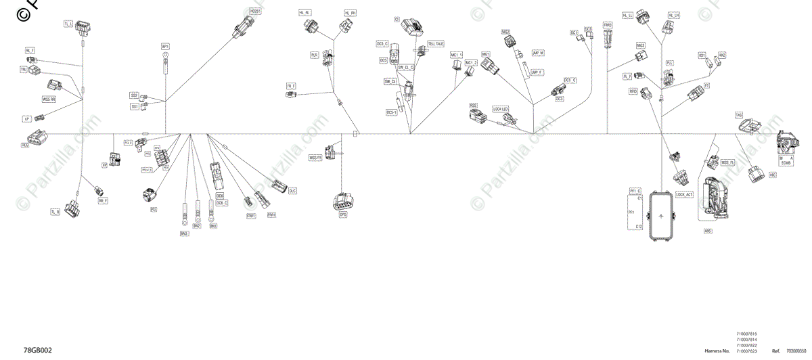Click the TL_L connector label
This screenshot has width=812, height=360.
(x=68, y=24)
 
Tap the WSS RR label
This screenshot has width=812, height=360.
(x=49, y=99)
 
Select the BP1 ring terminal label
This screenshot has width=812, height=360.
(x=165, y=46)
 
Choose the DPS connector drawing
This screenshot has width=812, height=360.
(x=342, y=201)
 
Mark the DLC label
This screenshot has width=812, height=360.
(x=293, y=191)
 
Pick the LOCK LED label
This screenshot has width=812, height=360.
(x=501, y=109)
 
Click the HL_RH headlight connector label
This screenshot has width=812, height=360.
(x=350, y=13)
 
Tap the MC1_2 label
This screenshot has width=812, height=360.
(x=471, y=63)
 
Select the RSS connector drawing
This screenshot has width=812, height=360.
(x=481, y=117)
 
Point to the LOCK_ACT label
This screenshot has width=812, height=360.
(x=684, y=195)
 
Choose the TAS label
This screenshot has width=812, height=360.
(x=739, y=115)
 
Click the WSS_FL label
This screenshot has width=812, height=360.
(x=728, y=162)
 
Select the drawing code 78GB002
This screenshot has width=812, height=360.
(x=37, y=351)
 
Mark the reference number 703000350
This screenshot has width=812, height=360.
(x=796, y=352)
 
